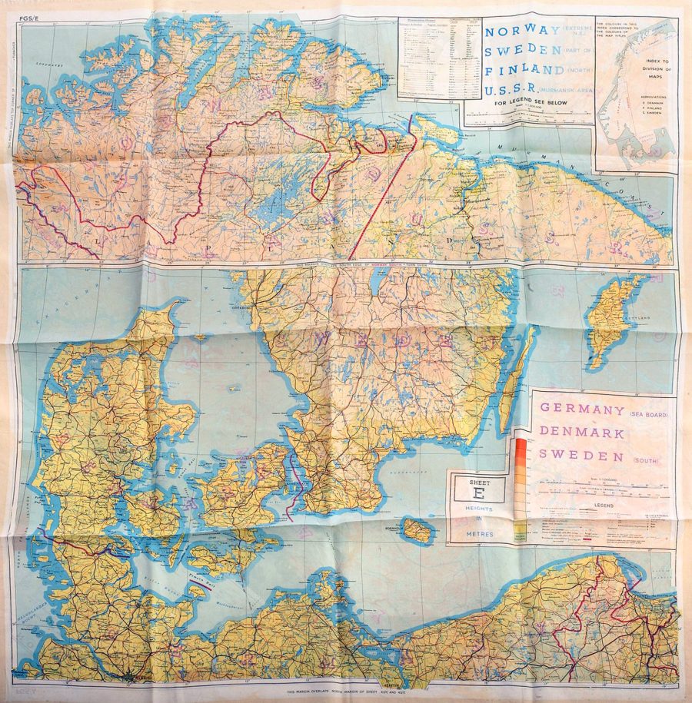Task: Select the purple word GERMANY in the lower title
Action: coord(581,409)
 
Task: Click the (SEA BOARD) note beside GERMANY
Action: coord(650,415)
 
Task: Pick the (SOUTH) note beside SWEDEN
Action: coord(648,459)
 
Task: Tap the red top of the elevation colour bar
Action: coord(521,443)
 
